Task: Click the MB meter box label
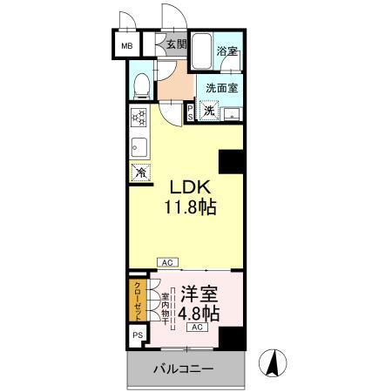[127, 45]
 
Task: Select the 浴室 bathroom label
[228, 51]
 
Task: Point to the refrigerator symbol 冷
[139, 172]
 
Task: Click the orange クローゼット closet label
[138, 298]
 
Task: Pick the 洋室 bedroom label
[199, 294]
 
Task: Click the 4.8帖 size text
[199, 314]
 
